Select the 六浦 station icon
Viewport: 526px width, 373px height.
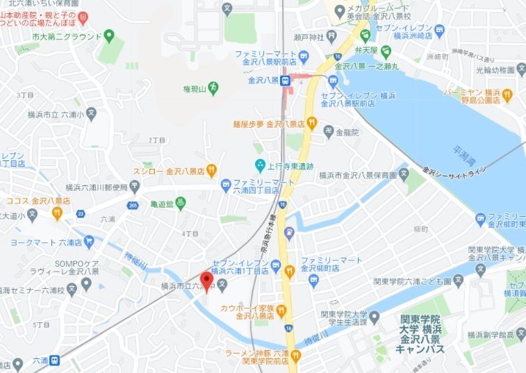54,360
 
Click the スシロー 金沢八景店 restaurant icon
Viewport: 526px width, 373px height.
211,169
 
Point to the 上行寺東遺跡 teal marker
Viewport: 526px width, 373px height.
260,165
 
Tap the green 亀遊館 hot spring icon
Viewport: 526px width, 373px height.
180,204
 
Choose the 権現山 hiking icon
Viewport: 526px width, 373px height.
213,87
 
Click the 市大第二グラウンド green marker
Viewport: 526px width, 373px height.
109,35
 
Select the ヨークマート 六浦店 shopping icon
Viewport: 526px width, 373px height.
88,242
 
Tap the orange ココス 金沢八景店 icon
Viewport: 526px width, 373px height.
57,211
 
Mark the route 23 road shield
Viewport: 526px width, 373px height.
81,213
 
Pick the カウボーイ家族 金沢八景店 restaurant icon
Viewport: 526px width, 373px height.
281,310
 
